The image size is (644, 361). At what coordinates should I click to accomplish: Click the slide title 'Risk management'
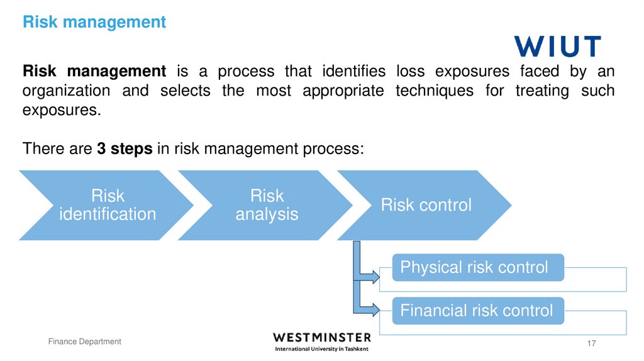point(94,23)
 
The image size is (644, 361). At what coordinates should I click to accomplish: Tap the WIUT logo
point(557,47)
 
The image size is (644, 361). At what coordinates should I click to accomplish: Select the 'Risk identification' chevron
point(107,205)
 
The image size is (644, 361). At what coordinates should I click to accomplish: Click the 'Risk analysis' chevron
point(267,205)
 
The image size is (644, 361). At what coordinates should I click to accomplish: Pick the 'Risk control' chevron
point(426,205)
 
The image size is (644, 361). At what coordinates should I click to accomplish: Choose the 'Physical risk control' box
point(474,267)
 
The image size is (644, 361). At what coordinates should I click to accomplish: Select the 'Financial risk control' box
point(477,311)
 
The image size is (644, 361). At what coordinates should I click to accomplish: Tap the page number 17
point(591,343)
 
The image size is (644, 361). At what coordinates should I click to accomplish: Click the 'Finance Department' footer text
point(85,342)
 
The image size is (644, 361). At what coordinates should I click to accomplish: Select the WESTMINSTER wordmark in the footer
point(322,338)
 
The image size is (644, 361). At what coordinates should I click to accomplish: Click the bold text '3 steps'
point(125,149)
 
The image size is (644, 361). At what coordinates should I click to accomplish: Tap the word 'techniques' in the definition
point(434,91)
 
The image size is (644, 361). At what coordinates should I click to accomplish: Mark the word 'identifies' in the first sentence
point(353,70)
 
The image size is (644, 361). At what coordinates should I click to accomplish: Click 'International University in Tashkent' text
point(322,349)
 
